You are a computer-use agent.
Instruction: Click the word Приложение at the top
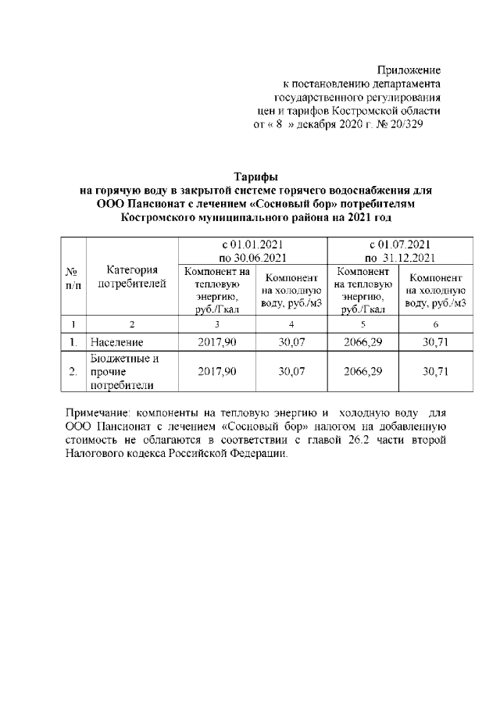tap(409, 70)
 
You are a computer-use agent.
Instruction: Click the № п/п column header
tap(71, 277)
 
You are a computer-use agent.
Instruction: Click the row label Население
tap(118, 342)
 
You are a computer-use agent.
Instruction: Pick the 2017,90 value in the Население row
tap(218, 342)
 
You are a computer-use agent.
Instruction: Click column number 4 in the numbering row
tap(291, 324)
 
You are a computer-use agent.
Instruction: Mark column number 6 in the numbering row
tap(435, 324)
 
